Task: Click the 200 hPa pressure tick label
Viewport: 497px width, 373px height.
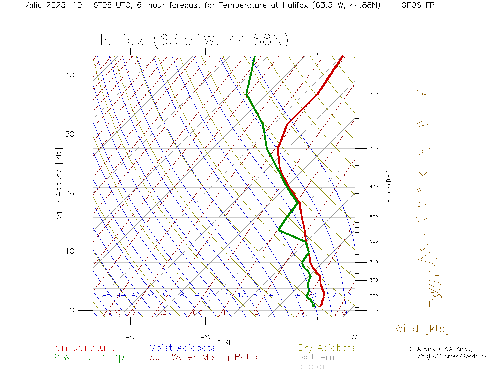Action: point(374,94)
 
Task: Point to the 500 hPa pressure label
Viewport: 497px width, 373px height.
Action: point(374,217)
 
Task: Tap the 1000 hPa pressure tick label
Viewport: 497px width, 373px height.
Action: point(375,310)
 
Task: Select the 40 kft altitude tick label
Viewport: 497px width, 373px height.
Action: point(69,76)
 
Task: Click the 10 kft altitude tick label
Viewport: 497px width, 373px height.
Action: point(69,251)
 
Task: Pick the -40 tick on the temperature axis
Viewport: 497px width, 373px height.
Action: point(130,337)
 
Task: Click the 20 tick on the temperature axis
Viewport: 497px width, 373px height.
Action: point(354,337)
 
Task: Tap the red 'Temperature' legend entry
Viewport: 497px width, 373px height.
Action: point(83,347)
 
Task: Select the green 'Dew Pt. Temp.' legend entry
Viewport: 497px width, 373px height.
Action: point(89,357)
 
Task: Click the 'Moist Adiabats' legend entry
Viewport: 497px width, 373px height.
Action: point(182,348)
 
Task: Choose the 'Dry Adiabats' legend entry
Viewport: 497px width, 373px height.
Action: point(327,348)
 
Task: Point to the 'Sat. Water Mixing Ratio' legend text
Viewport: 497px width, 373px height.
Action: point(203,357)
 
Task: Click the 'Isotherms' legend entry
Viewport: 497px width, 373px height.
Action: point(320,357)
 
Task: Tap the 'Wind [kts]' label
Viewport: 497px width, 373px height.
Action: point(422,329)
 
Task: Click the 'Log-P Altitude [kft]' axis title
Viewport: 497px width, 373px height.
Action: point(59,187)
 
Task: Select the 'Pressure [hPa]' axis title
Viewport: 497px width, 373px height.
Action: point(389,186)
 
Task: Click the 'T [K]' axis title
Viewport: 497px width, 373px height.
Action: point(224,342)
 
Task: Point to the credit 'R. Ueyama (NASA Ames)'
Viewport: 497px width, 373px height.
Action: point(440,349)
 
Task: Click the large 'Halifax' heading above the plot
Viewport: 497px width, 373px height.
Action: point(119,40)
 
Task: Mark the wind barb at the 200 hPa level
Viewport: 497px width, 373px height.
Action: point(423,93)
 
